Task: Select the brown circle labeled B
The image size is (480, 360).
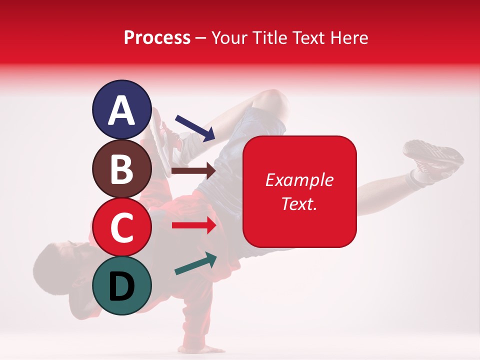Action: click(x=122, y=169)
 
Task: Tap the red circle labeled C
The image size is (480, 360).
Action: click(x=122, y=227)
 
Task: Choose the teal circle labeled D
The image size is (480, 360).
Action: click(x=122, y=285)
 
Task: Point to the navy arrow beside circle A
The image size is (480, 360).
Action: click(x=195, y=128)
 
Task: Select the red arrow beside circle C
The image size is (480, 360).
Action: click(x=194, y=225)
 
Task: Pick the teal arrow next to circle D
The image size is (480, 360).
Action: click(x=195, y=263)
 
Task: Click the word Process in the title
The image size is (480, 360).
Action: click(x=157, y=38)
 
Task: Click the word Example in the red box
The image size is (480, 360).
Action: click(x=299, y=180)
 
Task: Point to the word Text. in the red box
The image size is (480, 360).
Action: click(x=299, y=203)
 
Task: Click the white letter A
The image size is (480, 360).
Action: click(x=122, y=111)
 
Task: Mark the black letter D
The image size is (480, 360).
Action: click(x=122, y=286)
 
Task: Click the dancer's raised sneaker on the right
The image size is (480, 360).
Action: click(x=432, y=155)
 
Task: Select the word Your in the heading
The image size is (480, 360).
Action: click(x=230, y=38)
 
